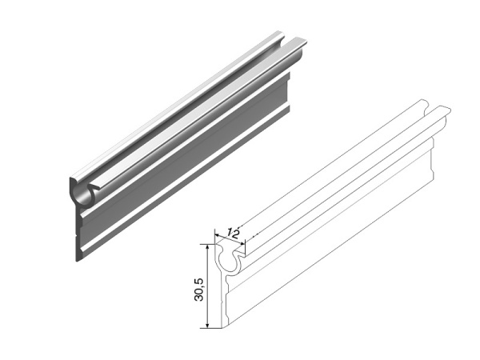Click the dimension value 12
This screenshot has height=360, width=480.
point(234,234)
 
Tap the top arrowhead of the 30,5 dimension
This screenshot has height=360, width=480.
point(207,247)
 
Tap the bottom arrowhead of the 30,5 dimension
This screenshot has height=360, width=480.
point(207,325)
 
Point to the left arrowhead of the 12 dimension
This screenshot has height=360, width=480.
point(218,235)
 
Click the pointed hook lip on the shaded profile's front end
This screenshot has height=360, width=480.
point(95,187)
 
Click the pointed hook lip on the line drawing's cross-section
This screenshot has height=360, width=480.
point(239,253)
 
